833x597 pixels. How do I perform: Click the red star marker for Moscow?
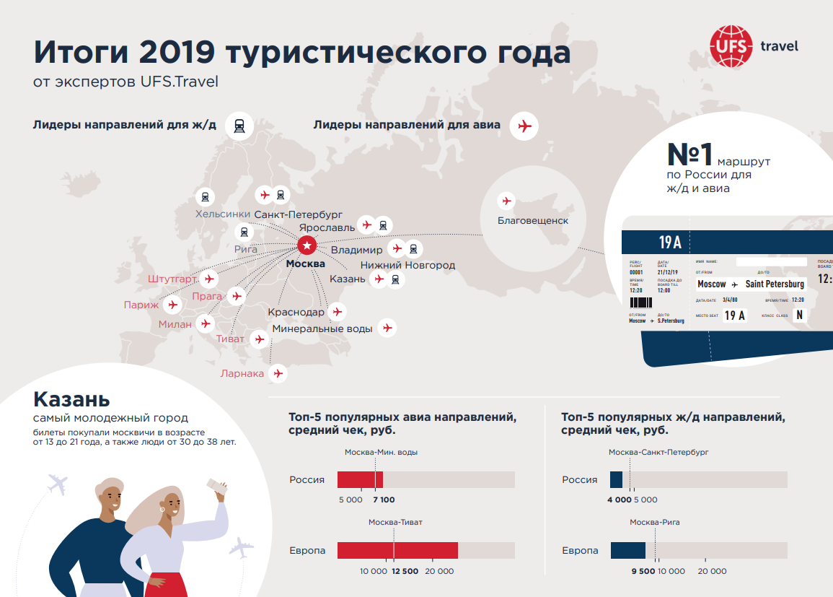pyautogui.click(x=307, y=246)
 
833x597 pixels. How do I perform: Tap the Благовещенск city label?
pyautogui.click(x=533, y=220)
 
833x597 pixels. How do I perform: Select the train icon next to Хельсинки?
pyautogui.click(x=206, y=196)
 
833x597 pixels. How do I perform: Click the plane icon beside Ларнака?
pyautogui.click(x=277, y=373)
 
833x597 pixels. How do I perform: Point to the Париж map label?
pyautogui.click(x=141, y=305)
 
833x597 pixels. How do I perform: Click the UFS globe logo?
pyautogui.click(x=730, y=45)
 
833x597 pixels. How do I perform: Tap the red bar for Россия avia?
pyautogui.click(x=360, y=480)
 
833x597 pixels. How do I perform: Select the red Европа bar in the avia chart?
pyautogui.click(x=397, y=550)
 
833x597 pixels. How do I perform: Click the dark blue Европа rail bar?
pyautogui.click(x=627, y=550)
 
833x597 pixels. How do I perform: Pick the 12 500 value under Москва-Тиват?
pyautogui.click(x=405, y=571)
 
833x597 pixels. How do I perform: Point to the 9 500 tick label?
pyautogui.click(x=643, y=571)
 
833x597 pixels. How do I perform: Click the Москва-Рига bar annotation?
pyautogui.click(x=654, y=522)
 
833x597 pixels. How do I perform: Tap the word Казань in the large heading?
pyautogui.click(x=71, y=399)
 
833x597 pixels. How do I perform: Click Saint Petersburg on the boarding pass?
pyautogui.click(x=775, y=284)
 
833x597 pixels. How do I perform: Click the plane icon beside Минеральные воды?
pyautogui.click(x=387, y=328)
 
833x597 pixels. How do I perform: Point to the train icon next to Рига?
pyautogui.click(x=244, y=232)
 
